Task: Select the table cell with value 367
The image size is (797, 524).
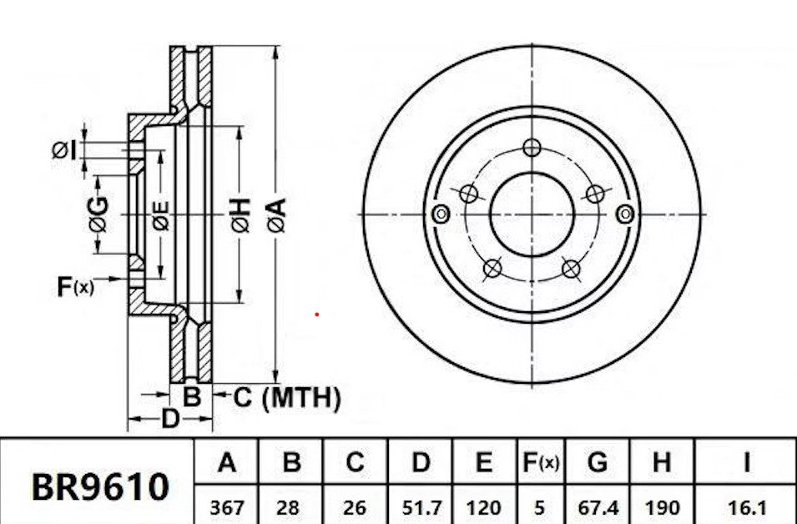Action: (x=226, y=506)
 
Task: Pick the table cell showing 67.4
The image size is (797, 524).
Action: (x=597, y=506)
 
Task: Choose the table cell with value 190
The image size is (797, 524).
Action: (x=663, y=506)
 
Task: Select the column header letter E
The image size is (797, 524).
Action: (x=484, y=462)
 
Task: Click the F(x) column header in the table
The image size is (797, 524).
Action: (x=540, y=462)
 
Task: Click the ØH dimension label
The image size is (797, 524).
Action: (x=240, y=214)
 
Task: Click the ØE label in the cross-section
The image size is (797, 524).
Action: (x=160, y=215)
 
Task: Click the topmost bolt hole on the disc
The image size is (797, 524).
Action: (x=532, y=149)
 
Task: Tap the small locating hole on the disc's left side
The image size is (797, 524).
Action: (x=441, y=215)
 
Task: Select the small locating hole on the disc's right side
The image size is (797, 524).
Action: (x=623, y=214)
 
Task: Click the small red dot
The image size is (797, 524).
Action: (x=316, y=315)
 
